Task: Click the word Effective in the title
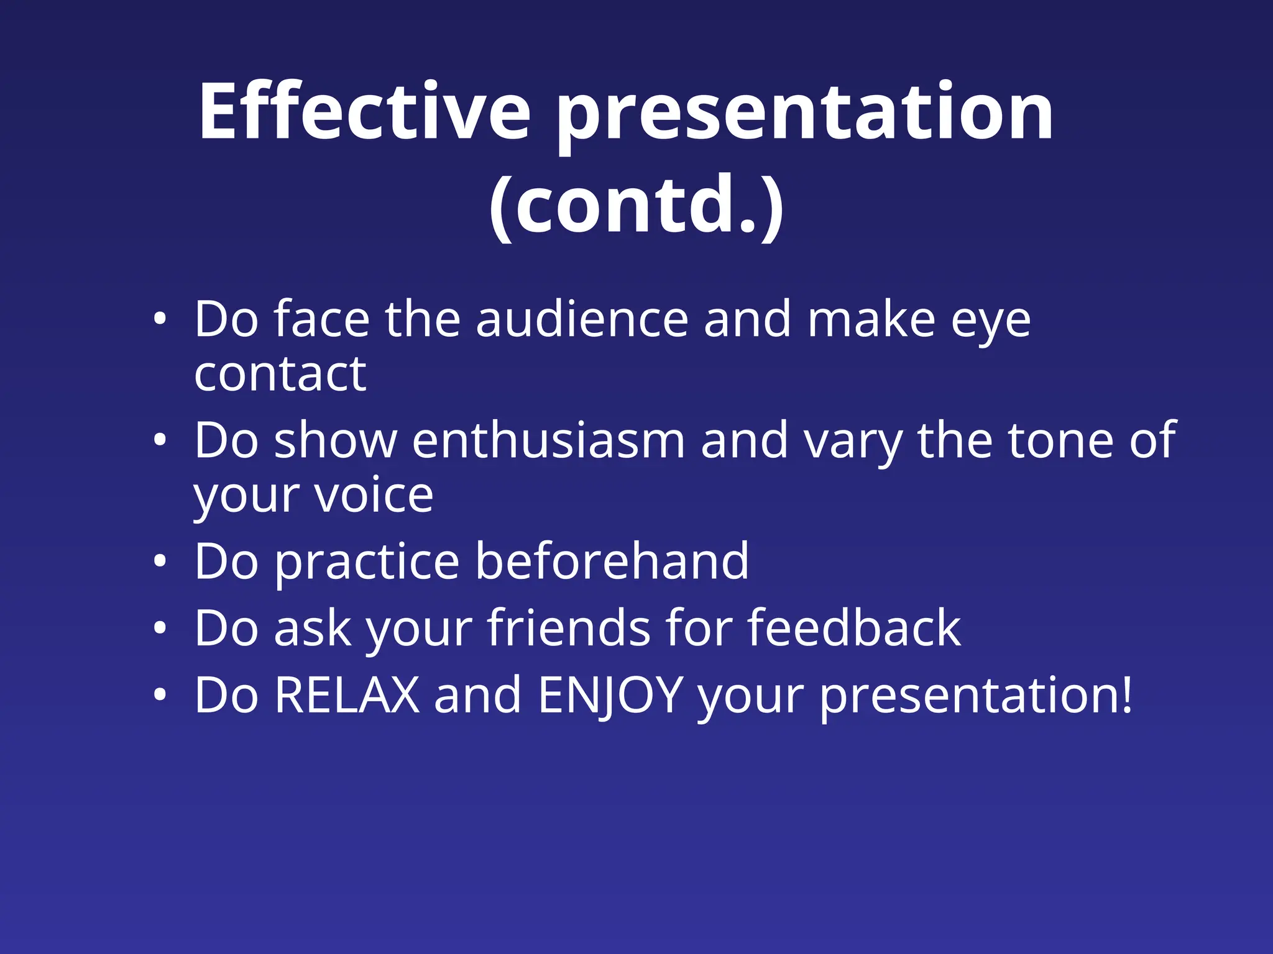coord(364,112)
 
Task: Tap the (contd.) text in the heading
coord(636,203)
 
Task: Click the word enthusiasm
coord(548,440)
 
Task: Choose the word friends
coord(568,629)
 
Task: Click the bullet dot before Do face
coord(160,320)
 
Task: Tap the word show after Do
coord(335,440)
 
